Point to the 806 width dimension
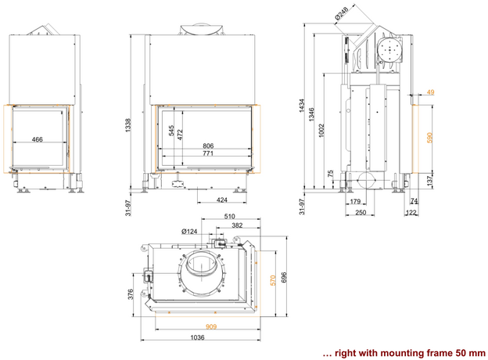pyautogui.click(x=209, y=146)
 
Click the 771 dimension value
pyautogui.click(x=209, y=154)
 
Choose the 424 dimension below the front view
pyautogui.click(x=222, y=200)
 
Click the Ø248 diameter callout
pyautogui.click(x=340, y=13)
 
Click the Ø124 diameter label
pyautogui.click(x=189, y=231)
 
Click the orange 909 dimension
pyautogui.click(x=211, y=326)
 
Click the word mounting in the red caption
pyautogui.click(x=409, y=352)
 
